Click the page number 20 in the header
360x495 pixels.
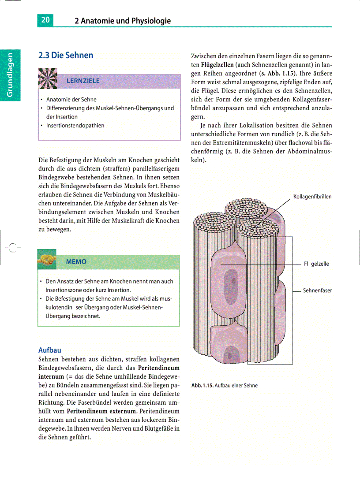(45, 20)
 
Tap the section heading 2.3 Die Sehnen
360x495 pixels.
(66, 56)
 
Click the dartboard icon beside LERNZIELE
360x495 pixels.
(48, 78)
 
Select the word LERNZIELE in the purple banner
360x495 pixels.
(83, 81)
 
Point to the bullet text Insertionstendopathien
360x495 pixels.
(75, 125)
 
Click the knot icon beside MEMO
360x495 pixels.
(47, 261)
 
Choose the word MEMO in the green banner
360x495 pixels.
(76, 262)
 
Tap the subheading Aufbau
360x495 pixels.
(49, 350)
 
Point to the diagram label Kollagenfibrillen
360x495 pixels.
(312, 197)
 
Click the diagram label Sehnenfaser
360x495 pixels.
(317, 290)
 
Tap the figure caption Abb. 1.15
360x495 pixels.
(202, 385)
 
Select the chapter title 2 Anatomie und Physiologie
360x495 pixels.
(123, 21)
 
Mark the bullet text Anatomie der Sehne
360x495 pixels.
(71, 100)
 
